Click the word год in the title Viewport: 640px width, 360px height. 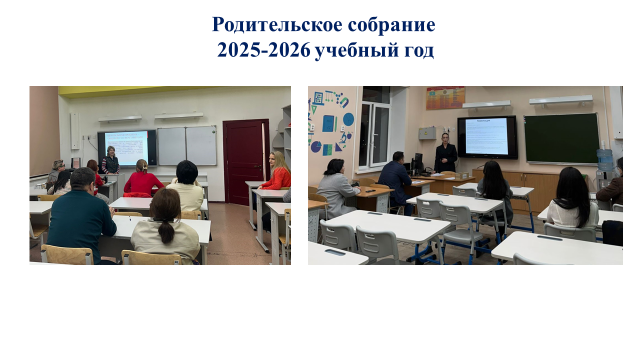coord(415,49)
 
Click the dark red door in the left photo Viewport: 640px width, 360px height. coord(243,160)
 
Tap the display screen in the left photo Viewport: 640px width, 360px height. coord(126,147)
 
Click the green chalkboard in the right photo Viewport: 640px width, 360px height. coord(561,137)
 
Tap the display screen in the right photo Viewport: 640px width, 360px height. coord(487,137)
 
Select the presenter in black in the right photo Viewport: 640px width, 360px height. coord(445,154)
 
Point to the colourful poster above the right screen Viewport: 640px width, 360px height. coord(445,98)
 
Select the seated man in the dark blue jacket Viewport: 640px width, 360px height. coord(397,180)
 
